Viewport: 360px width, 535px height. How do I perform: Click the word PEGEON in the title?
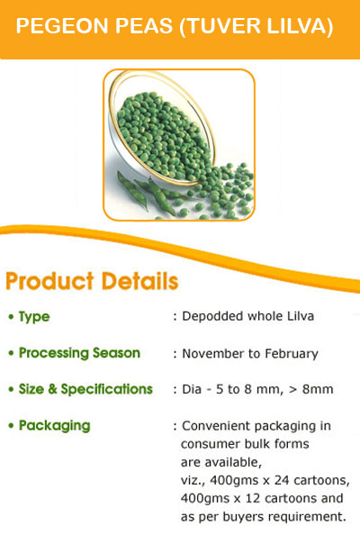(x=62, y=26)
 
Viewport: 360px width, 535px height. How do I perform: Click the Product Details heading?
(x=92, y=281)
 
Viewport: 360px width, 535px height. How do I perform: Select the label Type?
(x=34, y=317)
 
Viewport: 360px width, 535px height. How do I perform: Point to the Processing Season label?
(x=79, y=353)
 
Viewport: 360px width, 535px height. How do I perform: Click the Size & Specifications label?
(x=85, y=389)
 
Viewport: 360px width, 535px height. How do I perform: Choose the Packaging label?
(x=55, y=426)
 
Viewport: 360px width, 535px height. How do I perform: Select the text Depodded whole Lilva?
(x=247, y=316)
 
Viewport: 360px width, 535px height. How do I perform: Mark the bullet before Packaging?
(x=11, y=426)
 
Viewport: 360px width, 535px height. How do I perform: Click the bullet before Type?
(x=11, y=317)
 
